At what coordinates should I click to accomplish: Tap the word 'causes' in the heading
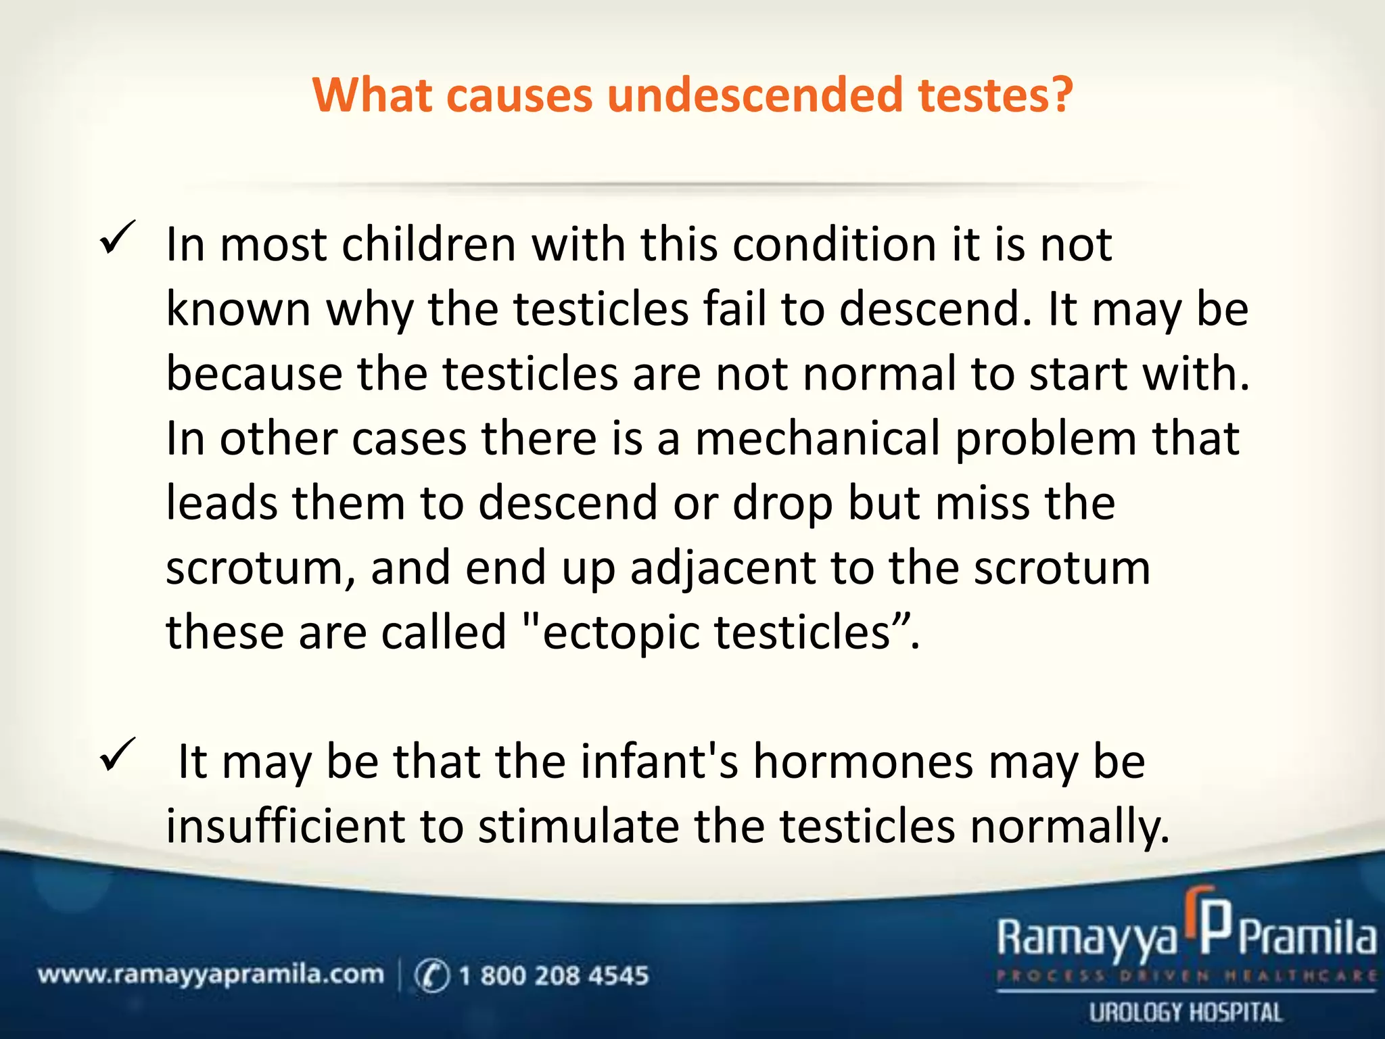click(x=519, y=95)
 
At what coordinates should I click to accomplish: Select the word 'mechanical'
click(x=817, y=438)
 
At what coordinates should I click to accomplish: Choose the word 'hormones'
click(x=863, y=762)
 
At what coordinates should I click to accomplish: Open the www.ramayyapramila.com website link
click(x=210, y=975)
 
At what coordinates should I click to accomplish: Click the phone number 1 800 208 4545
click(x=553, y=975)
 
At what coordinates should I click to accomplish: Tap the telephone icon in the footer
click(x=431, y=975)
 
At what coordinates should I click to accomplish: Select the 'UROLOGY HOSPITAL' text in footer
click(x=1186, y=1013)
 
